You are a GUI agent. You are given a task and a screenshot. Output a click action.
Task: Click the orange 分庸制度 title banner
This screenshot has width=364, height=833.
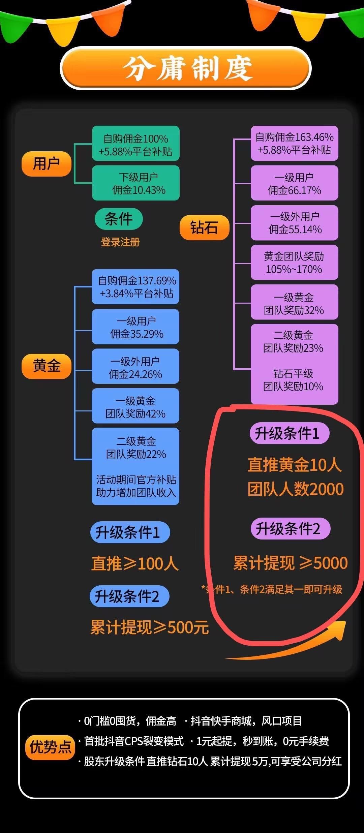pos(185,68)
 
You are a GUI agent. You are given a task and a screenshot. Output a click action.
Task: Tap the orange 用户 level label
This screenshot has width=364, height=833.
pos(47,164)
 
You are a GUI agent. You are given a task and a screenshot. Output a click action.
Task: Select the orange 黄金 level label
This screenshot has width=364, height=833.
pos(47,366)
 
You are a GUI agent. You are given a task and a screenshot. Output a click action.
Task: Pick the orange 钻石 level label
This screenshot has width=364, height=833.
pos(205,227)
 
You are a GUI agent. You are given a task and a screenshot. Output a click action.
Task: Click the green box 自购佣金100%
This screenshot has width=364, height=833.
pos(136,144)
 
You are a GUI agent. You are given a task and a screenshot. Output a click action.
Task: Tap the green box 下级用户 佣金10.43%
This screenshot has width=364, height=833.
pos(136,183)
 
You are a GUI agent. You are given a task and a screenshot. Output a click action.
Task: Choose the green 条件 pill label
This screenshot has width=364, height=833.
pos(119,219)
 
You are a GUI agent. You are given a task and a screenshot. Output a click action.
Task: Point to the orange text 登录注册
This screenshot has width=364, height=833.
pos(120,242)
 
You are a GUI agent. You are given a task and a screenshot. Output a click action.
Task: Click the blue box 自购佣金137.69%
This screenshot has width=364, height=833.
pos(135,287)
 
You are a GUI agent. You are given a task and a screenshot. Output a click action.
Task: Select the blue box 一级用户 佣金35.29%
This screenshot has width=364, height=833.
pos(135,327)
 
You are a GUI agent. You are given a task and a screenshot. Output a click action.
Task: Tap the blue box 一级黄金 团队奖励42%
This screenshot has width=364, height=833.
pos(135,406)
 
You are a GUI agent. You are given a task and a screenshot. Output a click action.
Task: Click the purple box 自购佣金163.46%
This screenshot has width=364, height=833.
pos(295,144)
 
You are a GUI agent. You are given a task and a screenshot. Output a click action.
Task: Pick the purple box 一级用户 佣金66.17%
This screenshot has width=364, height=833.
pos(295,183)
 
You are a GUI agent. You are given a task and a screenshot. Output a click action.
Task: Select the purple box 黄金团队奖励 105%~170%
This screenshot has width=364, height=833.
pos(295,263)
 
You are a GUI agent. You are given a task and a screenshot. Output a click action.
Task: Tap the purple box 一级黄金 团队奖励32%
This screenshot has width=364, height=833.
pos(295,302)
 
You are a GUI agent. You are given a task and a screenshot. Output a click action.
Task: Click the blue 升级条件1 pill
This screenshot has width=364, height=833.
pos(130,532)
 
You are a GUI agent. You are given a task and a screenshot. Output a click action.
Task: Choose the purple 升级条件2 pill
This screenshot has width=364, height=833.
pos(290,528)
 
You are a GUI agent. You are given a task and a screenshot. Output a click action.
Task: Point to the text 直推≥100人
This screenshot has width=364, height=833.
pos(135,563)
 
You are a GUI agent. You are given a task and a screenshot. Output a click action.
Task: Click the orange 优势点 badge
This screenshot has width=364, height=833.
pos(50,747)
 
